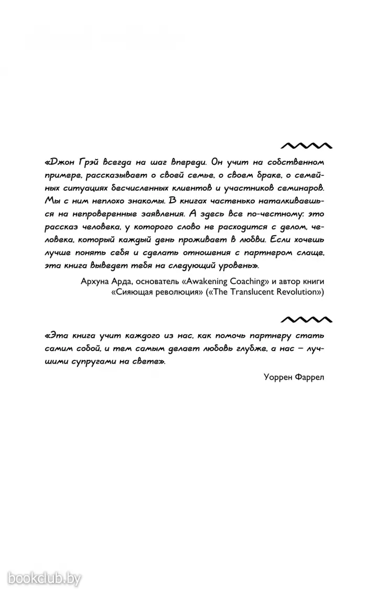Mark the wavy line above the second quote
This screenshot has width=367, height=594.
click(306, 319)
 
